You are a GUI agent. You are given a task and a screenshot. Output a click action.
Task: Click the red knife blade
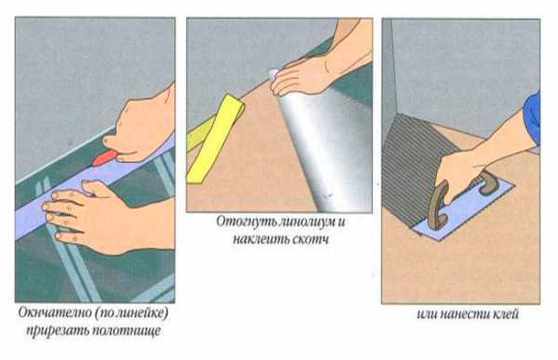[104, 158]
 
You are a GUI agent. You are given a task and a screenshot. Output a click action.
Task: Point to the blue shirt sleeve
[532, 118]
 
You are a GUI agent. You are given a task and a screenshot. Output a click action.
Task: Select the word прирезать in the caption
[57, 331]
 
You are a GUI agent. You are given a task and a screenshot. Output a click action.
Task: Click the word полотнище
[126, 331]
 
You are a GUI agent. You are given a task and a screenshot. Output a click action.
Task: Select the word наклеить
[260, 239]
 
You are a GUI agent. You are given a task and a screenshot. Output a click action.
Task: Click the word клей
[505, 314]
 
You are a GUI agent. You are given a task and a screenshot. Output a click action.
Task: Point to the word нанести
[465, 314]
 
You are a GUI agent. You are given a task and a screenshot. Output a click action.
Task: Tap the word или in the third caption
[427, 314]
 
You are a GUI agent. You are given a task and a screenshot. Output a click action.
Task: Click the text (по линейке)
[131, 313]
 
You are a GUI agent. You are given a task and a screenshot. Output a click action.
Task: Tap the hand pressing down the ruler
[107, 218]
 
